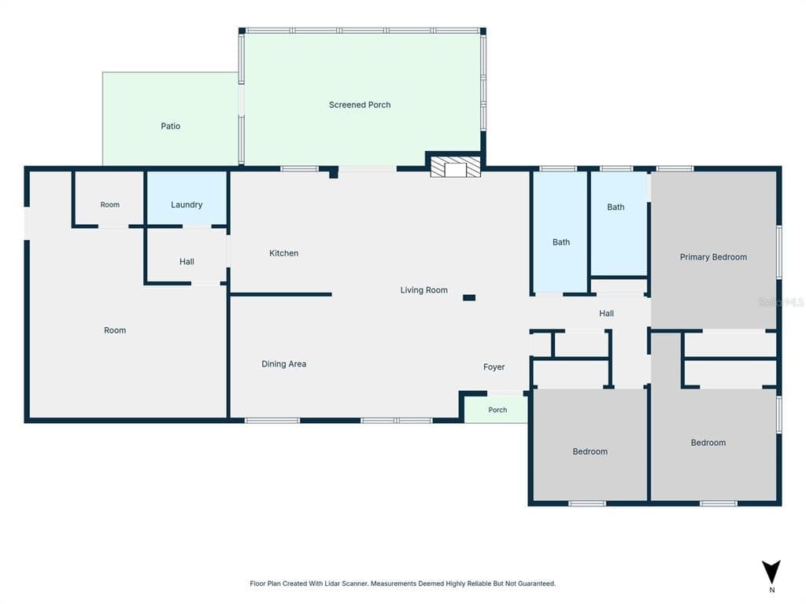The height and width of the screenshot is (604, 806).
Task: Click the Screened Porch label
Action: pyautogui.click(x=359, y=105)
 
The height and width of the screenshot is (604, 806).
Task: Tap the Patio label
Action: pyautogui.click(x=170, y=126)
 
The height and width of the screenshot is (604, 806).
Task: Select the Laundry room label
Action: pyautogui.click(x=186, y=205)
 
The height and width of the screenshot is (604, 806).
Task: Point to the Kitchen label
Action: pyautogui.click(x=283, y=253)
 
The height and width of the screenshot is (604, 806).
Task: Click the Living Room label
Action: pyautogui.click(x=423, y=290)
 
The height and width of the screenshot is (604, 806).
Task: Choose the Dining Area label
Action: pyautogui.click(x=283, y=364)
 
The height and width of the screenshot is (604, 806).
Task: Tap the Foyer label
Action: pyautogui.click(x=494, y=367)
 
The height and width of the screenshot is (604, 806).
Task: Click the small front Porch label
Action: pyautogui.click(x=497, y=410)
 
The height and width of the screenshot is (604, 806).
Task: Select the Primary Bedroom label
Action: pyautogui.click(x=713, y=257)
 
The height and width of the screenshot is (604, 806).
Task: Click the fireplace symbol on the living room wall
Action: pyautogui.click(x=455, y=168)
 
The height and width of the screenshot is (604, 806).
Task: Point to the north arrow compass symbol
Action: pyautogui.click(x=771, y=572)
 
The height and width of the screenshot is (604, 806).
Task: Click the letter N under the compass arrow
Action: pyautogui.click(x=771, y=590)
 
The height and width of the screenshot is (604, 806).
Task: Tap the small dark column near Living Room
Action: pyautogui.click(x=469, y=298)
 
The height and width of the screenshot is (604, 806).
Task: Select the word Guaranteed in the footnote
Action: pyautogui.click(x=536, y=584)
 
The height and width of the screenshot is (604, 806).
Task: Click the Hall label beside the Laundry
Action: pyautogui.click(x=187, y=262)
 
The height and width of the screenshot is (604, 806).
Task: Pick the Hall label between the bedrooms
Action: pyautogui.click(x=606, y=313)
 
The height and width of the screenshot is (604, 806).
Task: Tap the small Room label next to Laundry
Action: pyautogui.click(x=109, y=205)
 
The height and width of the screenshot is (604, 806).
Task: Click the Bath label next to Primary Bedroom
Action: pyautogui.click(x=616, y=208)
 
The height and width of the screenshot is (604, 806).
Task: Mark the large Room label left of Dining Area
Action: pyautogui.click(x=115, y=331)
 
